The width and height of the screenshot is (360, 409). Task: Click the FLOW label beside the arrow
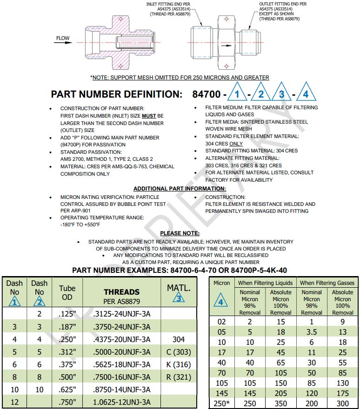[x=63, y=38]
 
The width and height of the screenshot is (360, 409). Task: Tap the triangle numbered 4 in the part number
[x=305, y=93]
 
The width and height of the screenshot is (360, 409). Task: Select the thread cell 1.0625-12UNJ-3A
[x=121, y=402]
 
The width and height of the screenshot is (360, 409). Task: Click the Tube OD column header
[x=67, y=292]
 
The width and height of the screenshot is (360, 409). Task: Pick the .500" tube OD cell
[x=67, y=377]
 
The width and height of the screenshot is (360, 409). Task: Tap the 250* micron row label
[x=221, y=404]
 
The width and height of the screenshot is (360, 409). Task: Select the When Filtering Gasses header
[x=327, y=283]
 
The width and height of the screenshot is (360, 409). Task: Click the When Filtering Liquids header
[x=265, y=283]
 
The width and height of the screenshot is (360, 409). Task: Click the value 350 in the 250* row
[x=280, y=404]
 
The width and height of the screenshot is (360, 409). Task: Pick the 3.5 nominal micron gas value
[x=312, y=331]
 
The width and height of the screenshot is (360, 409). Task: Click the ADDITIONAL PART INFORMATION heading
[x=180, y=189]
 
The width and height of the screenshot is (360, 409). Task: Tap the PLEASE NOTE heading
[x=180, y=233]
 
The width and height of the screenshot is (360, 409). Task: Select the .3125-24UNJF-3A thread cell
[x=121, y=314]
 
